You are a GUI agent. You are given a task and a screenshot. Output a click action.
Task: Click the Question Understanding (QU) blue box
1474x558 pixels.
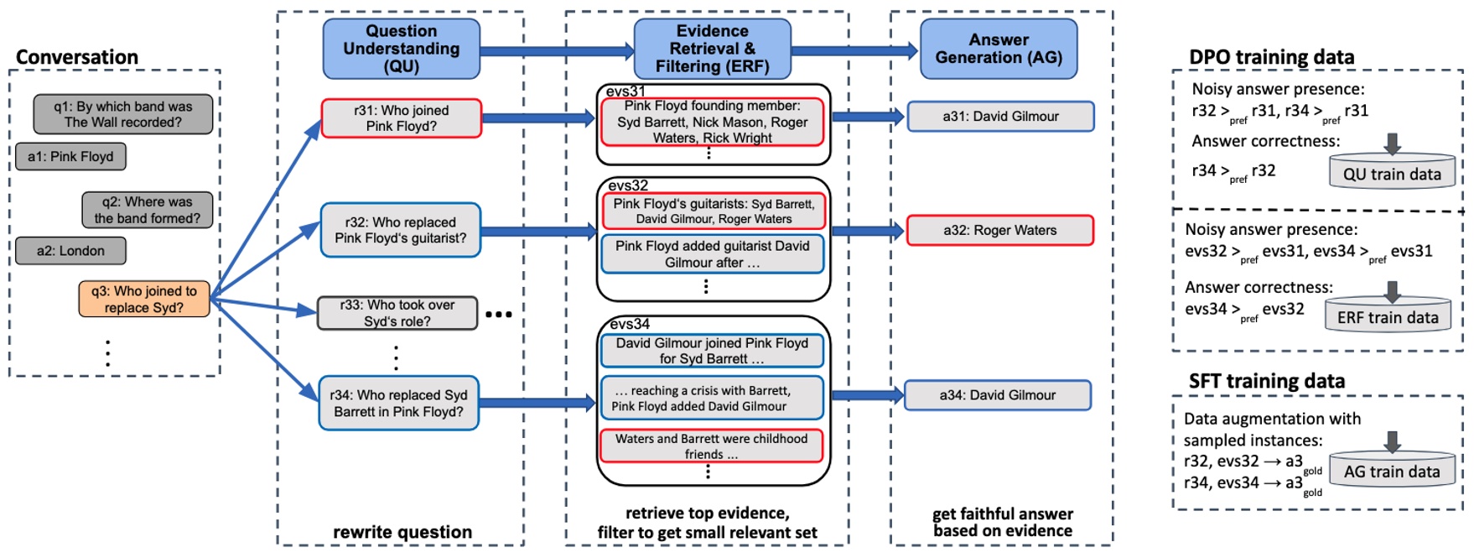coord(401,50)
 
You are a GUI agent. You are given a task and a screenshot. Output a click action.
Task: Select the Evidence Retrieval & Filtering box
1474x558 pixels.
coord(712,50)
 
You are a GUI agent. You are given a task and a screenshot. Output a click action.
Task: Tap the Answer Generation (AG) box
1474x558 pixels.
coord(998,50)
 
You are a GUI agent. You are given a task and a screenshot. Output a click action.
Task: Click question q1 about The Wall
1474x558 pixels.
coord(123,114)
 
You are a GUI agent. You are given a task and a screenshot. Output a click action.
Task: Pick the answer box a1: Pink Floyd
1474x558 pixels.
coord(70,157)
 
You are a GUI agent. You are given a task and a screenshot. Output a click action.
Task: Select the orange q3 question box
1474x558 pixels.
coord(144,300)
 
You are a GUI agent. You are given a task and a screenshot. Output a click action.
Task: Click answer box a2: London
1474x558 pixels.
coord(70,251)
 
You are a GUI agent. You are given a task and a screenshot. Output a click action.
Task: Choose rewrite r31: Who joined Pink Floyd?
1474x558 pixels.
coord(401,118)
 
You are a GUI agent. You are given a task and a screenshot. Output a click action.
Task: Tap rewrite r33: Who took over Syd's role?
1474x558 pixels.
coord(397,313)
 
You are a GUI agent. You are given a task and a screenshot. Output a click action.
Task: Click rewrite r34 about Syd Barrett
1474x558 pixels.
coord(398,404)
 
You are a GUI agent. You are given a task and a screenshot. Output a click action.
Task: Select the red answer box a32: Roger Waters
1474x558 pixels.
coord(999,231)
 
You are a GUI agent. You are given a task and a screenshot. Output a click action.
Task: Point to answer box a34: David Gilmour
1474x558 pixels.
coord(997,395)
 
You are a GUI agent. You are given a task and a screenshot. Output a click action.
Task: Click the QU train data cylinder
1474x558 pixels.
coord(1391,172)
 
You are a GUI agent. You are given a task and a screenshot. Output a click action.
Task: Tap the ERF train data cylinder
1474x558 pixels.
coord(1388,316)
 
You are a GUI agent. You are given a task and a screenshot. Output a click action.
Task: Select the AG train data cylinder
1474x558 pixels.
coord(1391,470)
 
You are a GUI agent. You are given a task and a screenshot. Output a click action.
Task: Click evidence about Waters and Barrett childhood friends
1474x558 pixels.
coord(711,446)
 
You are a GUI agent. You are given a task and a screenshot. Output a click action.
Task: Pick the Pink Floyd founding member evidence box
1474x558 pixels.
coord(712,122)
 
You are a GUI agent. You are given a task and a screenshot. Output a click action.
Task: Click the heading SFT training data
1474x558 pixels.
coord(1266,382)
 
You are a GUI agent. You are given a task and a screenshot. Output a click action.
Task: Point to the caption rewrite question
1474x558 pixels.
coord(402,532)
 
